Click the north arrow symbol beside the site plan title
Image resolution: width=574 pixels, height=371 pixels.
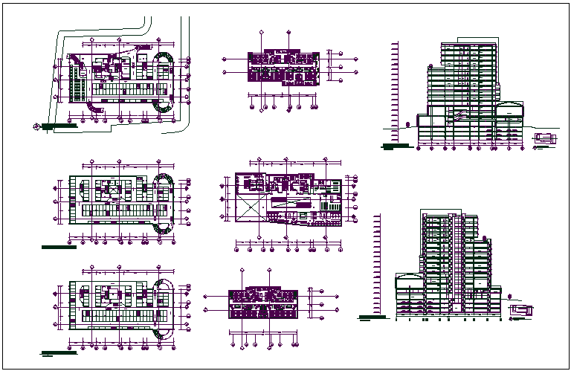[x=37, y=126]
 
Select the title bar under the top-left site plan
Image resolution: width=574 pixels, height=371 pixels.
[x=59, y=126]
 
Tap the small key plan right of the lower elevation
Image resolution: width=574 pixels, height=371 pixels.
[x=520, y=309]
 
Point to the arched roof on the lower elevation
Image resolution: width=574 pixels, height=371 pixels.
[x=408, y=278]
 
